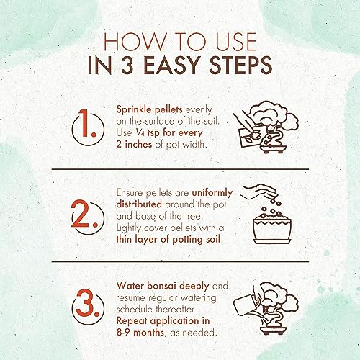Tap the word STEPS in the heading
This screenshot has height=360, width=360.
tap(240, 65)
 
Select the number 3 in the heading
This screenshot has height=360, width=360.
tap(127, 65)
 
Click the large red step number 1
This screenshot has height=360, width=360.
tap(87, 123)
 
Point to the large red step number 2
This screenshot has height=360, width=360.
tap(84, 214)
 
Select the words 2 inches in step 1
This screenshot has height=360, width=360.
tap(134, 144)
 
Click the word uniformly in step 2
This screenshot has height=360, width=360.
tap(212, 193)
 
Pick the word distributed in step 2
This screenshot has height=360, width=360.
tap(139, 204)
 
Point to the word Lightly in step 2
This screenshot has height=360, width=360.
tap(128, 228)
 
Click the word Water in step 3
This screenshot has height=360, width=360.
tap(130, 286)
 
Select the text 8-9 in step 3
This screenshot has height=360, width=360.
tap(123, 333)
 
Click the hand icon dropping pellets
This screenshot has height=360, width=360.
tap(258, 192)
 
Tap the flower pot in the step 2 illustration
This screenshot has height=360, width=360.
tap(272, 231)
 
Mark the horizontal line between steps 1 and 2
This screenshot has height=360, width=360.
tap(180, 169)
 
